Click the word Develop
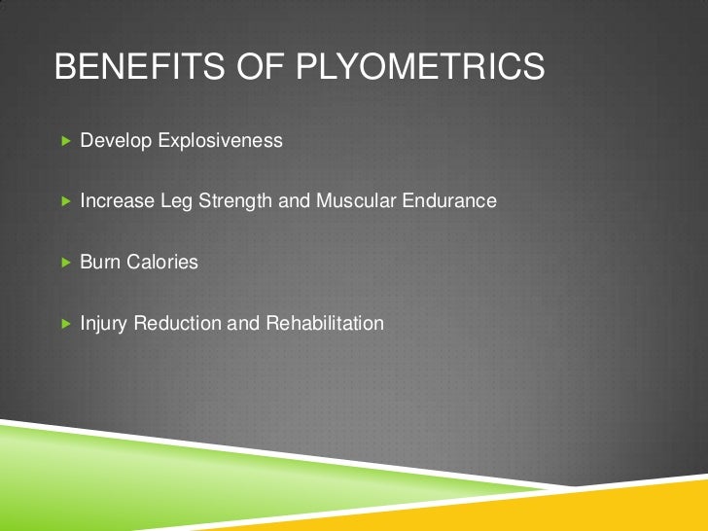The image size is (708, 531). pos(113,142)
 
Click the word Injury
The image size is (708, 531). pos(103,324)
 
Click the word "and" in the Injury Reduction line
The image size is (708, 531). pos(240,323)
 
